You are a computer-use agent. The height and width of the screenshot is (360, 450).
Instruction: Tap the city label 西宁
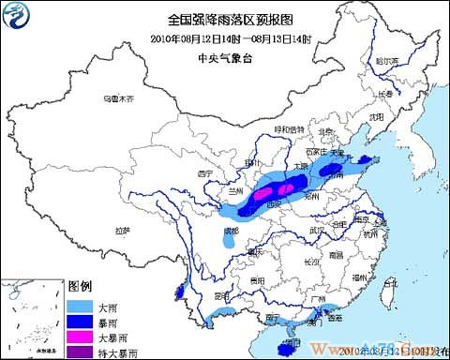pyautogui.click(x=208, y=173)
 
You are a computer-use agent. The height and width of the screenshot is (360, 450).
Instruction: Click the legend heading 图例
pyautogui.click(x=80, y=285)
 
